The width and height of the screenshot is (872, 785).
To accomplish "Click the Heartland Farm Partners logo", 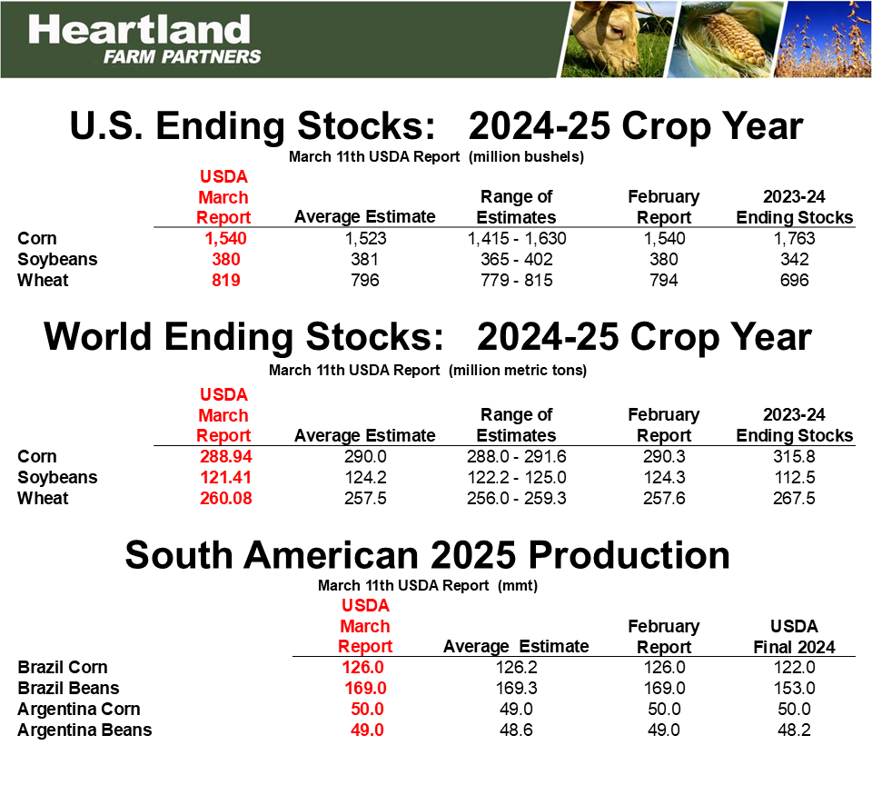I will pyautogui.click(x=144, y=38).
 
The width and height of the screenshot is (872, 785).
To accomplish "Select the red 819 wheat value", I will pyautogui.click(x=223, y=281).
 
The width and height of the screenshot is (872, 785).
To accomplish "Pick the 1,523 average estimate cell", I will pyautogui.click(x=365, y=239).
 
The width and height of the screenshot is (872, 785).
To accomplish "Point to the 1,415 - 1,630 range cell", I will pyautogui.click(x=516, y=239).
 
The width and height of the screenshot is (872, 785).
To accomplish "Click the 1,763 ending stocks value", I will pyautogui.click(x=794, y=239).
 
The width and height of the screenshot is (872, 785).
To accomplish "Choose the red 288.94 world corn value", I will pyautogui.click(x=223, y=457).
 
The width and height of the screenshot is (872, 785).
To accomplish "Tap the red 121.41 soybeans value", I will pyautogui.click(x=223, y=478).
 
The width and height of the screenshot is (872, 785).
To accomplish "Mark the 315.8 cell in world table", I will pyautogui.click(x=794, y=457).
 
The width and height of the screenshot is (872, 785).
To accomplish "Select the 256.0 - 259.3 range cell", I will pyautogui.click(x=516, y=499).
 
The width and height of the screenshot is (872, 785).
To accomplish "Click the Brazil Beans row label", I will pyautogui.click(x=68, y=688).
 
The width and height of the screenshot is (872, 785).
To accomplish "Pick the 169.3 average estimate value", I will pyautogui.click(x=516, y=688).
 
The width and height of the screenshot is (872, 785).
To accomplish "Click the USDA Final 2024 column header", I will pyautogui.click(x=794, y=637).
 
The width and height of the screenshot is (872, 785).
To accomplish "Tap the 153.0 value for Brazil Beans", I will pyautogui.click(x=794, y=688).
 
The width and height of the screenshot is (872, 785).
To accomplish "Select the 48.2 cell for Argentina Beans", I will pyautogui.click(x=794, y=730).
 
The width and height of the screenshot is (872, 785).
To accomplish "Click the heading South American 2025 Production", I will pyautogui.click(x=427, y=555).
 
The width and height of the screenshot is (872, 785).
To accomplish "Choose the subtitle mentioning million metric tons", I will pyautogui.click(x=427, y=371).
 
